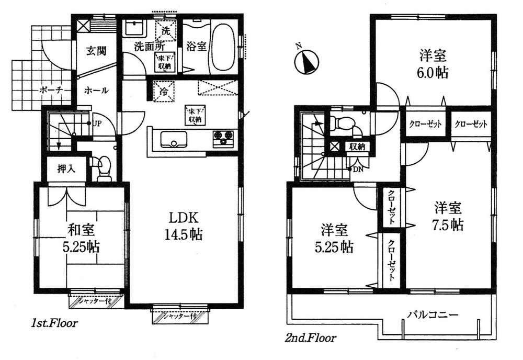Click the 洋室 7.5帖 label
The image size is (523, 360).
(x=449, y=216)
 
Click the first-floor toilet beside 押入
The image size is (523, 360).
(x=104, y=169)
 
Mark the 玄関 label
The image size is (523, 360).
(x=96, y=51)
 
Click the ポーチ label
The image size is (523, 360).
(x=51, y=90)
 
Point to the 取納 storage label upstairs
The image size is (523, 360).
(x=357, y=147)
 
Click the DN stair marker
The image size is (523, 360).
(x=357, y=170)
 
